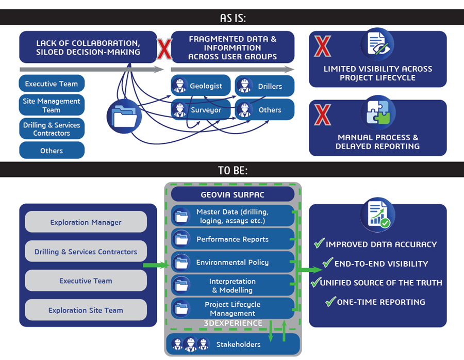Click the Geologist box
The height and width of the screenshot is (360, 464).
coord(201,86)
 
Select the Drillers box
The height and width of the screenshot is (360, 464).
coord(264,86)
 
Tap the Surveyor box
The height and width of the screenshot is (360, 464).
coord(201,109)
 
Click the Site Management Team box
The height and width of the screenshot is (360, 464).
coord(52,105)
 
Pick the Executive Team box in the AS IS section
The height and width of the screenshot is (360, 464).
coord(52,84)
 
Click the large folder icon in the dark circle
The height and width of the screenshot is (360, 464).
coord(124,117)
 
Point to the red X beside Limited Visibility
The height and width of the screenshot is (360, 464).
coord(323,46)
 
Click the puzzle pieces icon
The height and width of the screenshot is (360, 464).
coord(378,112)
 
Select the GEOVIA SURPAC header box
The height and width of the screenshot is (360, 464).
coord(233,194)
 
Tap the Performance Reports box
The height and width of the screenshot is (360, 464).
coord(233,239)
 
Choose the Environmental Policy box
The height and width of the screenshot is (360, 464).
coord(233,263)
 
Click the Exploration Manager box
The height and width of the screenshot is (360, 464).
coord(86,222)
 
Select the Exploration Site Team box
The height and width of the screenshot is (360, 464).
coord(86,310)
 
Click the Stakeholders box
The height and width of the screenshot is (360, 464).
coord(233,344)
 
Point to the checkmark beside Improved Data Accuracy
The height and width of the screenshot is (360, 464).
coord(319,243)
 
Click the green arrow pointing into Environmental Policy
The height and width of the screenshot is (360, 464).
coord(156,265)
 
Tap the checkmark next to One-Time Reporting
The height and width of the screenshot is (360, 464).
coord(330,301)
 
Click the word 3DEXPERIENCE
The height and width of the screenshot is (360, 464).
coord(233,323)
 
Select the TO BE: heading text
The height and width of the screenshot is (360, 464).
coord(233,171)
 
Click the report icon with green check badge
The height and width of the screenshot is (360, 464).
coord(378,215)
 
